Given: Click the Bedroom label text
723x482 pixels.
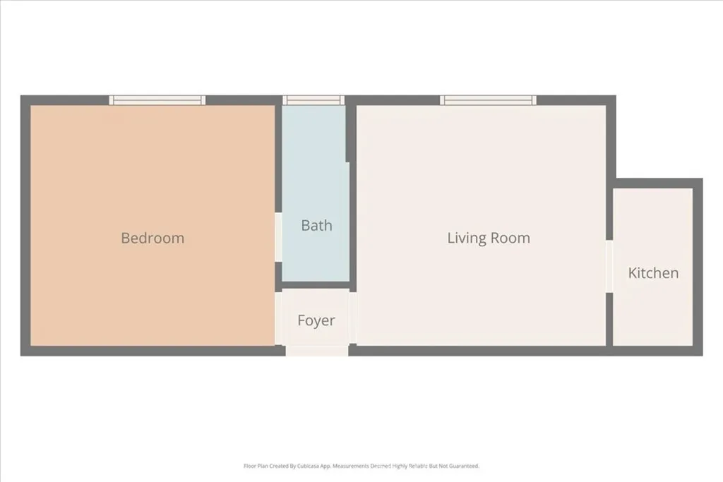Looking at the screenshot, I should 153,238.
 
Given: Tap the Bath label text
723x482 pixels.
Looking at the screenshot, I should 316,226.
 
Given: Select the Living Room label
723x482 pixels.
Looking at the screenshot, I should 489,238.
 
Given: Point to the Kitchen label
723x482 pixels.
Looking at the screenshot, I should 653,273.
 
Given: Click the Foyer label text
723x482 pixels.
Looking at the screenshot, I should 316,320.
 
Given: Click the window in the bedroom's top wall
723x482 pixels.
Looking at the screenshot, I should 157,100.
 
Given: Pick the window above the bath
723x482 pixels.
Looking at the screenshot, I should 313,100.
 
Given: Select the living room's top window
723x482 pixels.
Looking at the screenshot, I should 488,100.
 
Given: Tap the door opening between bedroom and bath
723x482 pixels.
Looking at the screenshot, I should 278,237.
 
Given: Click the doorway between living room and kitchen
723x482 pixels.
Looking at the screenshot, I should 609,267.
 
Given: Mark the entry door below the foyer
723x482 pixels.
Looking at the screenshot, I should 317,350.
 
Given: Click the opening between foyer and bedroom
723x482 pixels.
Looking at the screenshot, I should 278,318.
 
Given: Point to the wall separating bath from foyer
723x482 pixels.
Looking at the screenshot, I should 316,286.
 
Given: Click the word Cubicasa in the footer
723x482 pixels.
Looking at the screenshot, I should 303,466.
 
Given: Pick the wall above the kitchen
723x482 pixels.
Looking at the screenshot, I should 657,183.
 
